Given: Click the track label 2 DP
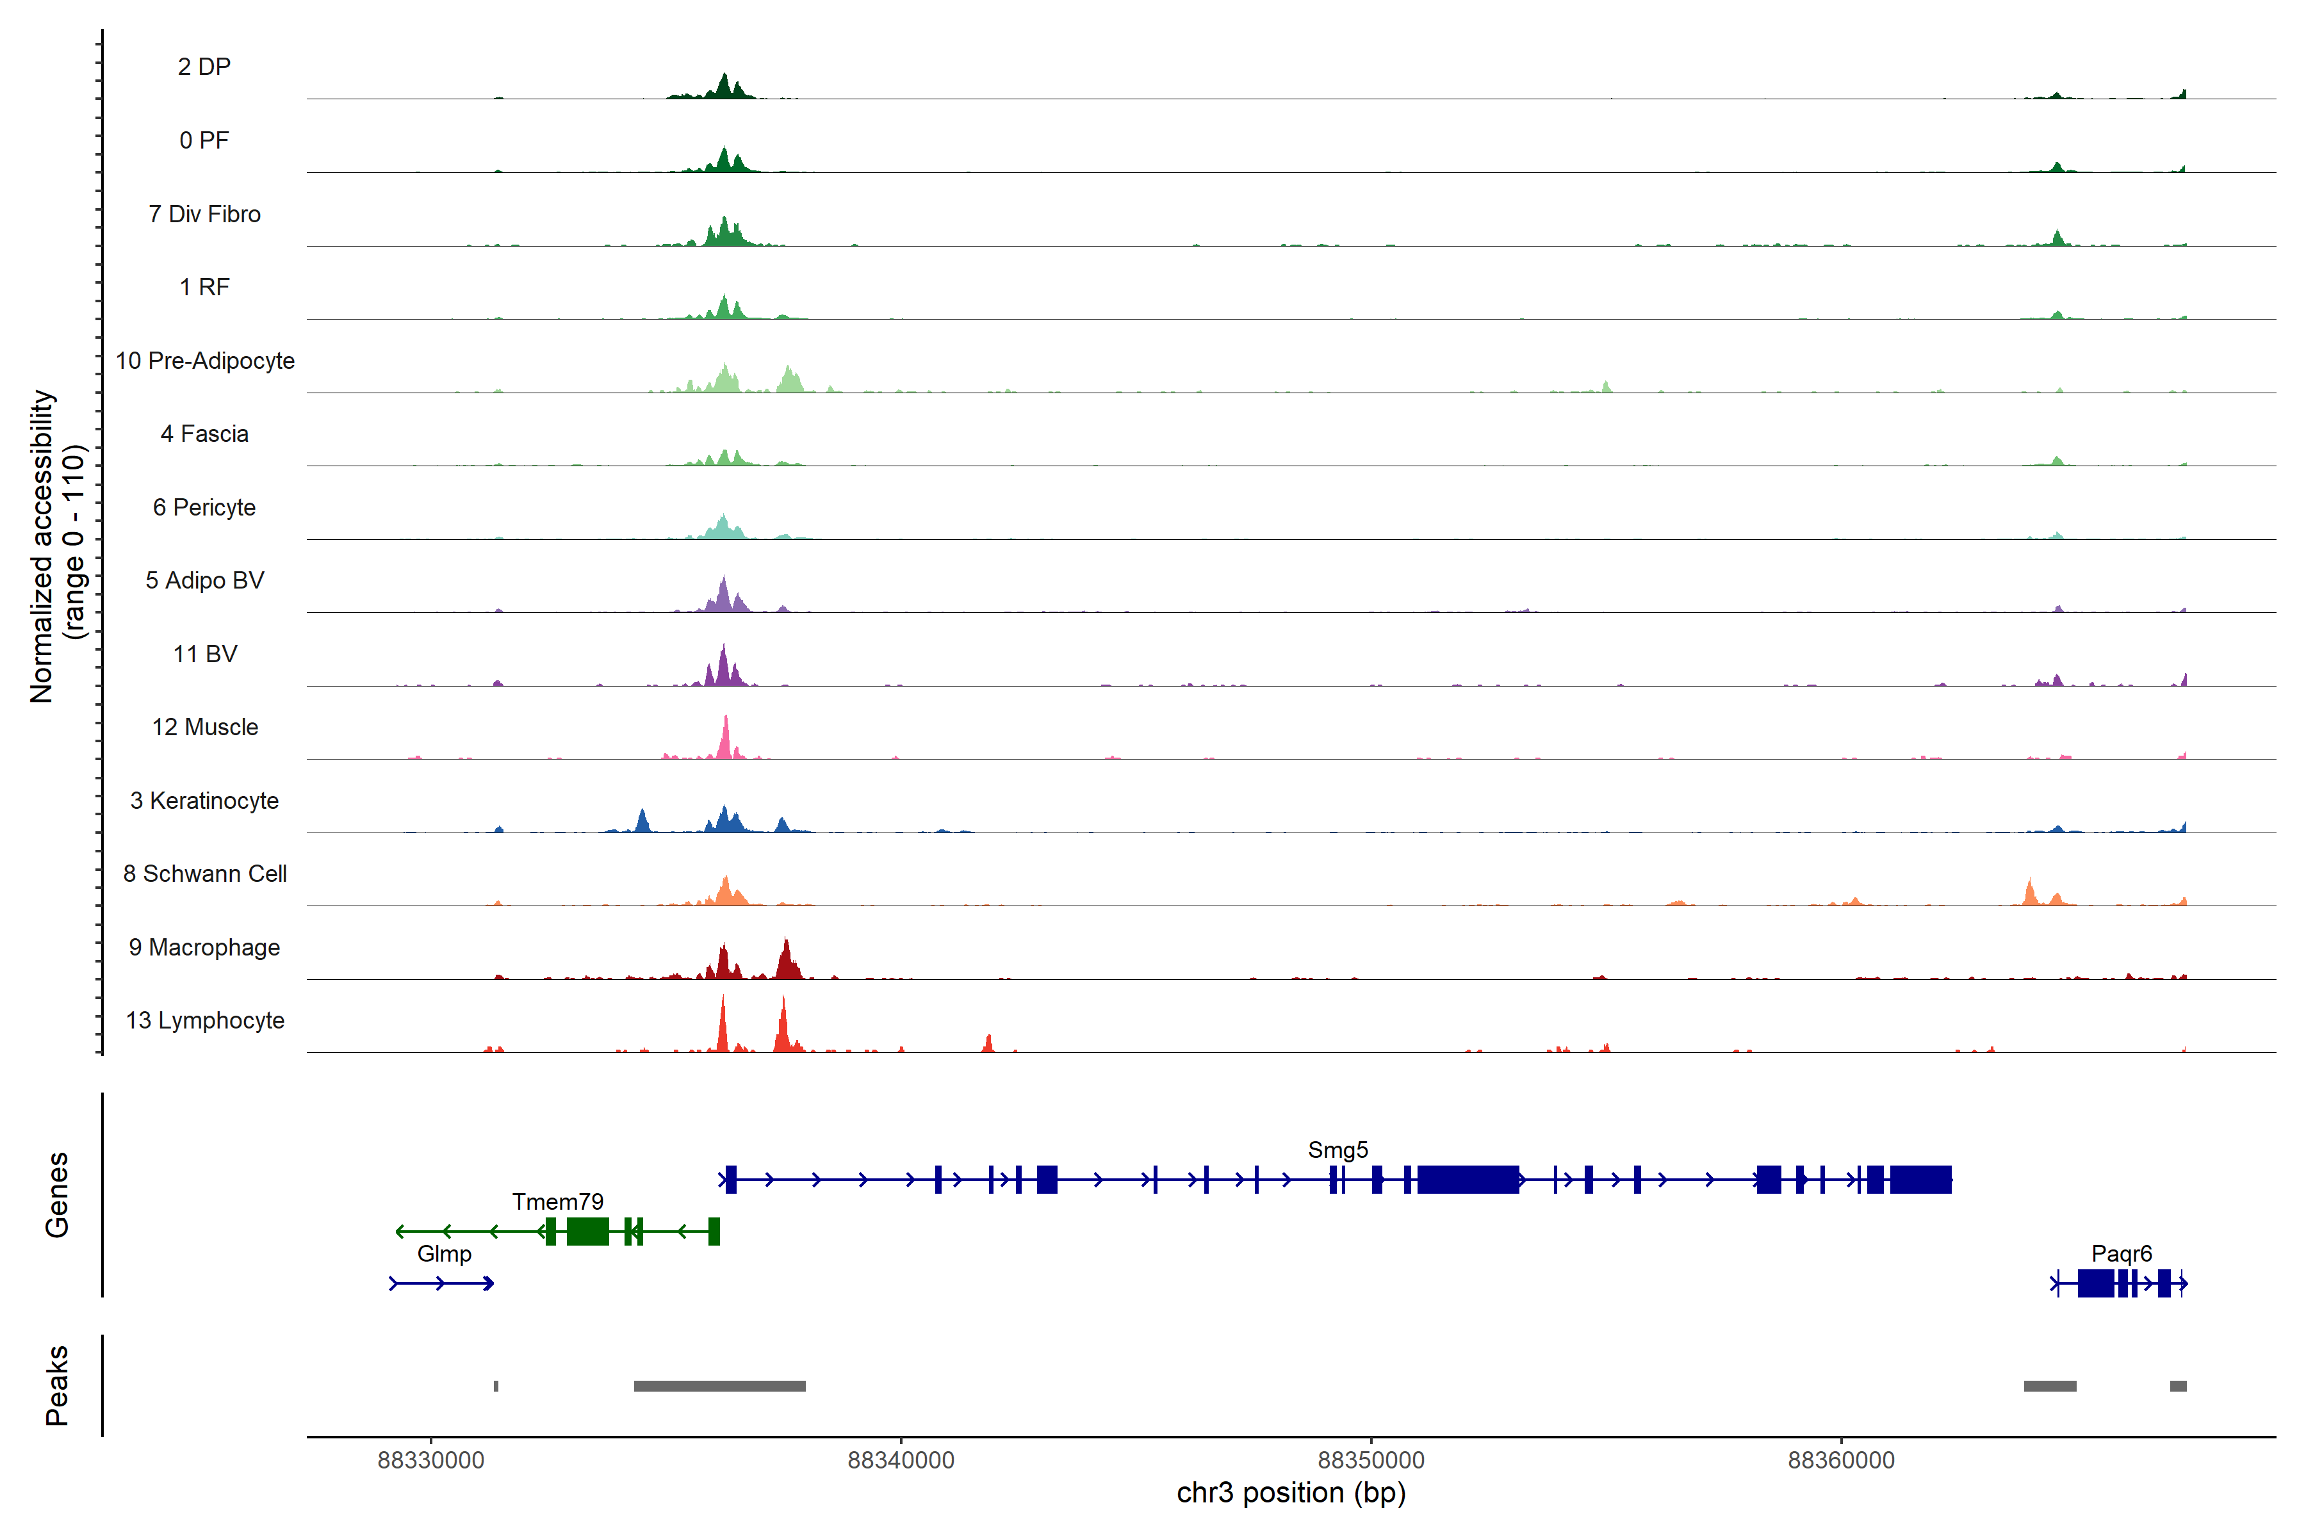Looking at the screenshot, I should (x=204, y=67).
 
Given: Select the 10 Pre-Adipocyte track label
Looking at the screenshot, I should (x=205, y=361).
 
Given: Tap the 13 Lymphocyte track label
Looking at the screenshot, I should (x=205, y=1020).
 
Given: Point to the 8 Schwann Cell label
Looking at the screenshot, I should (x=205, y=874).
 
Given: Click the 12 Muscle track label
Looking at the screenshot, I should (x=205, y=728).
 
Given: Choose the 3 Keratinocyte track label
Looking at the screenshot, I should (x=205, y=801).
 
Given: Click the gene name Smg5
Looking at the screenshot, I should (x=1337, y=1150).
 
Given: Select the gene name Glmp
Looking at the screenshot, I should (x=444, y=1254).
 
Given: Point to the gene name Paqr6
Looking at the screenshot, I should (x=2122, y=1254).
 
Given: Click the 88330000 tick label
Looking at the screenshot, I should (x=430, y=1461).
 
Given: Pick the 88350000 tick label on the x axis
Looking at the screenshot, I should (x=1371, y=1461).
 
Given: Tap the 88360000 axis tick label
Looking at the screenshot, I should (x=1841, y=1461).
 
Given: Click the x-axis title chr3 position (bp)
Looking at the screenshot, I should (x=1291, y=1493).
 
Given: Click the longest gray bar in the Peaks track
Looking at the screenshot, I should (x=719, y=1386).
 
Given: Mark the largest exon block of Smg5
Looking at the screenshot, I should (x=1468, y=1179).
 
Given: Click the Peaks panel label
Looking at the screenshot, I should (x=57, y=1385).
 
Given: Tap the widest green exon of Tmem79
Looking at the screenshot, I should (x=587, y=1231).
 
